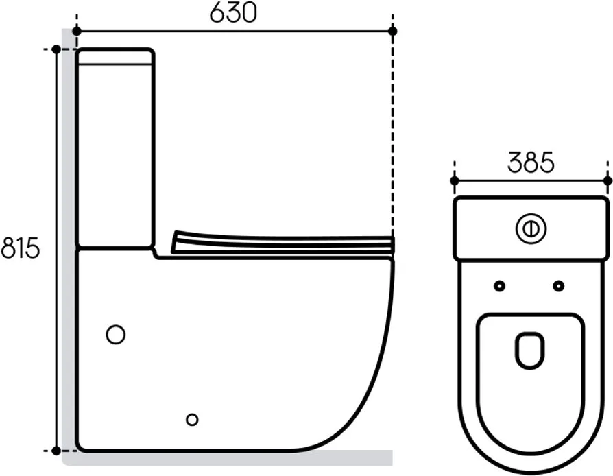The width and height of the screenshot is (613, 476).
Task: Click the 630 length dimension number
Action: click(x=233, y=12)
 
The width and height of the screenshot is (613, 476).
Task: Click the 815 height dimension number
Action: click(x=21, y=248)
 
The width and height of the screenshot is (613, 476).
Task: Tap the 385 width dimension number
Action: click(x=531, y=162)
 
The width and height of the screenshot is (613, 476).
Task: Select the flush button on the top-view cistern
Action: click(x=531, y=229)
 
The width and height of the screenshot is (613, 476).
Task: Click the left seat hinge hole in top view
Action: click(x=500, y=286)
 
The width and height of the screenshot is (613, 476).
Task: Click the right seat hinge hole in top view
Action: click(x=559, y=286)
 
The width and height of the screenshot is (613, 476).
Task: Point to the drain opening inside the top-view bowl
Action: click(x=530, y=350)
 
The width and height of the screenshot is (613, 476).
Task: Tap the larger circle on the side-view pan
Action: click(x=116, y=335)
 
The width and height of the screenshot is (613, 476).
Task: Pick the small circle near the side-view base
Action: click(x=192, y=420)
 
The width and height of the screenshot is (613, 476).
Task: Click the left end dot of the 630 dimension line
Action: click(x=77, y=31)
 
